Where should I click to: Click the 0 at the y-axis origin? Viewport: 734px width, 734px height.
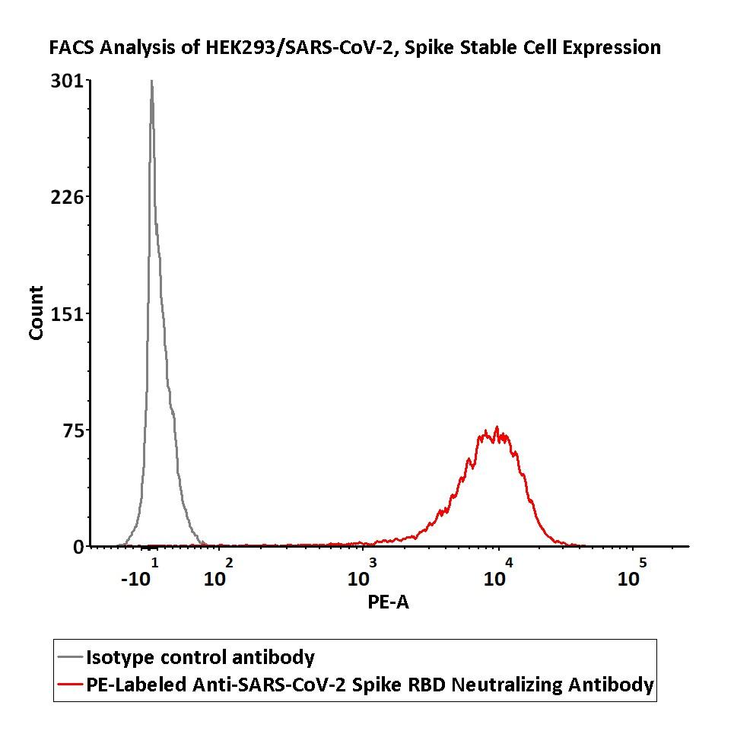[x=78, y=546]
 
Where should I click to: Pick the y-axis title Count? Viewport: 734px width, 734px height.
[x=36, y=313]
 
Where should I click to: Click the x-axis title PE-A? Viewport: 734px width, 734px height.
[x=388, y=602]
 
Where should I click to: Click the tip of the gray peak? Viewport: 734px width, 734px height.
[x=151, y=81]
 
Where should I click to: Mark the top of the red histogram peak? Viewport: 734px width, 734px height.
[x=497, y=427]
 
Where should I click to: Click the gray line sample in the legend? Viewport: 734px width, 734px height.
[x=70, y=658]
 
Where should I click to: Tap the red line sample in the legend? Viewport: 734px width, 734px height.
[x=70, y=685]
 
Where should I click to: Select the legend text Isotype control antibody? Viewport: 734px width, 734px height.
[x=200, y=657]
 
